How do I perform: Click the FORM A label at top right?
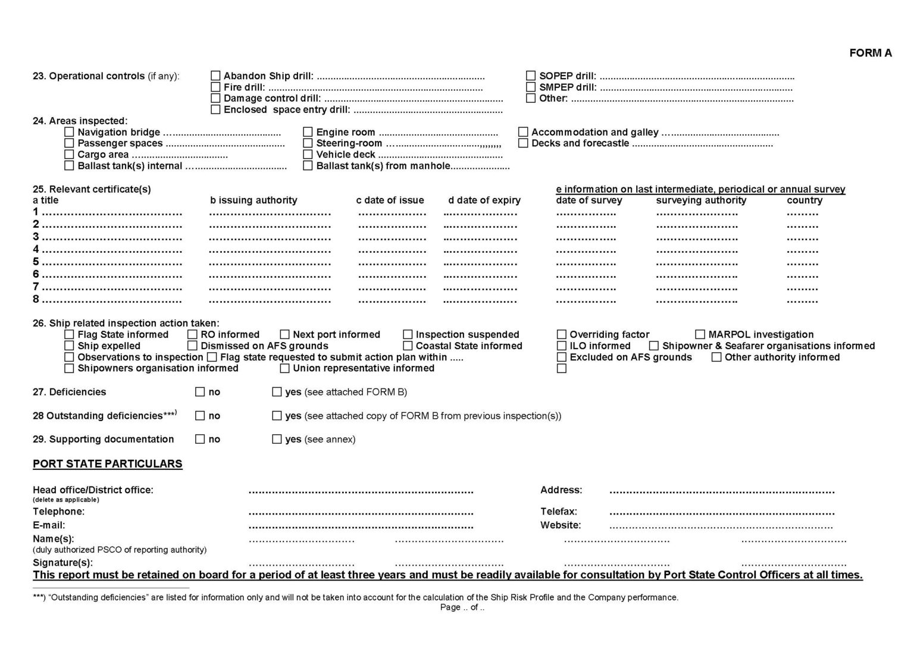coord(870,53)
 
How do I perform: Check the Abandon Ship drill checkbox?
coord(215,76)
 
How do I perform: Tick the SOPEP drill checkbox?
coord(531,76)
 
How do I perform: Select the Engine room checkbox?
coord(308,132)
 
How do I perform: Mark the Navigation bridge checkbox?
coord(69,132)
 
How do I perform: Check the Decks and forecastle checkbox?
coord(523,143)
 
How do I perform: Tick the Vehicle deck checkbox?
coord(308,155)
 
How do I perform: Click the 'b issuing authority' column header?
coord(253,200)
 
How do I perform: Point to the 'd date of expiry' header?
coord(484,200)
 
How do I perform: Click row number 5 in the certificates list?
coord(36,262)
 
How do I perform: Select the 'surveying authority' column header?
coord(701,200)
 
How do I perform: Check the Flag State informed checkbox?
coord(69,335)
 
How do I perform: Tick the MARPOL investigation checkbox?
coord(700,335)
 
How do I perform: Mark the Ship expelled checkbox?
coord(69,346)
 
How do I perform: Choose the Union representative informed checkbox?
coord(284,369)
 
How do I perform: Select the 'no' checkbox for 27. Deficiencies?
coord(200,392)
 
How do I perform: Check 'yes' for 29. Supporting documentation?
coord(277,440)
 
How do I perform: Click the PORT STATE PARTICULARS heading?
coord(107,464)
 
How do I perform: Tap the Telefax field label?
coord(558,512)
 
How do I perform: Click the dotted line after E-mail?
coord(361,526)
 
